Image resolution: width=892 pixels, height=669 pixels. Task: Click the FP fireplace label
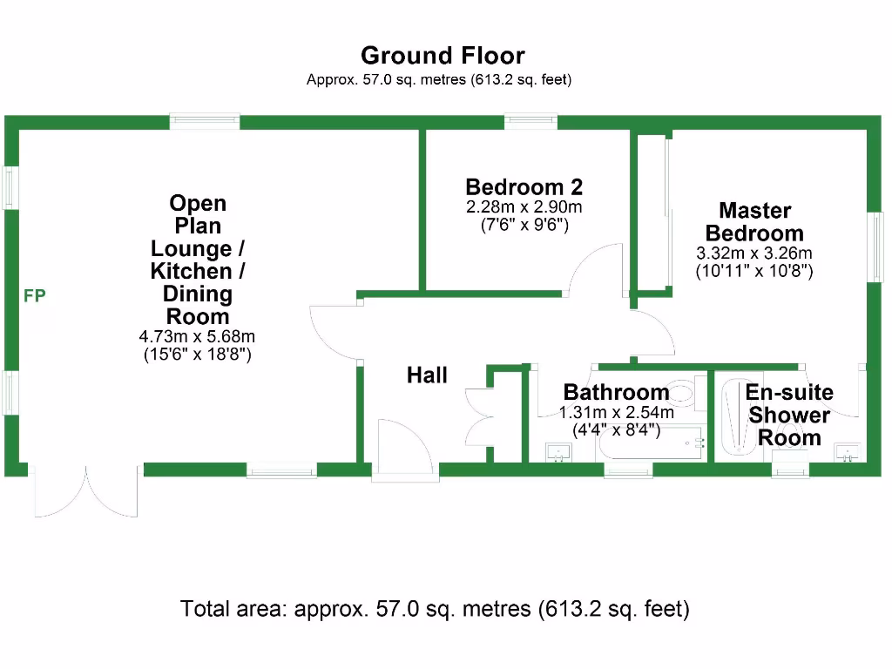pos(35,296)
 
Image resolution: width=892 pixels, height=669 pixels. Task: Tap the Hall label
pos(427,375)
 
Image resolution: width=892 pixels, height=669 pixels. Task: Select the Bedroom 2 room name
pos(524,187)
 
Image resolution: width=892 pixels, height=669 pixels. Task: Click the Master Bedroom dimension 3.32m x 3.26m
pos(754,253)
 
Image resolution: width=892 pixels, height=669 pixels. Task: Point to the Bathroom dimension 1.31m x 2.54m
pos(616,413)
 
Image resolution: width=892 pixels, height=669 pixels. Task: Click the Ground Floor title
pos(443,56)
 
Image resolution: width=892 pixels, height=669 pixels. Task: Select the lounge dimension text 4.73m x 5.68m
pos(197,336)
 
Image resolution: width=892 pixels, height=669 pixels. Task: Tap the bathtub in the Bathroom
pos(651,444)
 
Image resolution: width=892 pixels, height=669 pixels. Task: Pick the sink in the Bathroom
pos(557,450)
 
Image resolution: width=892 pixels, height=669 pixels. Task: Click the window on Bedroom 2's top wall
pos(530,121)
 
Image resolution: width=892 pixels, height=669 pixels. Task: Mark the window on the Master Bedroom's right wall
pos(875,247)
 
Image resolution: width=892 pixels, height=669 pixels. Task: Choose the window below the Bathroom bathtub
pos(628,471)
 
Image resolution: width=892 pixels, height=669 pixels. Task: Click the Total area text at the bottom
pos(435,608)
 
